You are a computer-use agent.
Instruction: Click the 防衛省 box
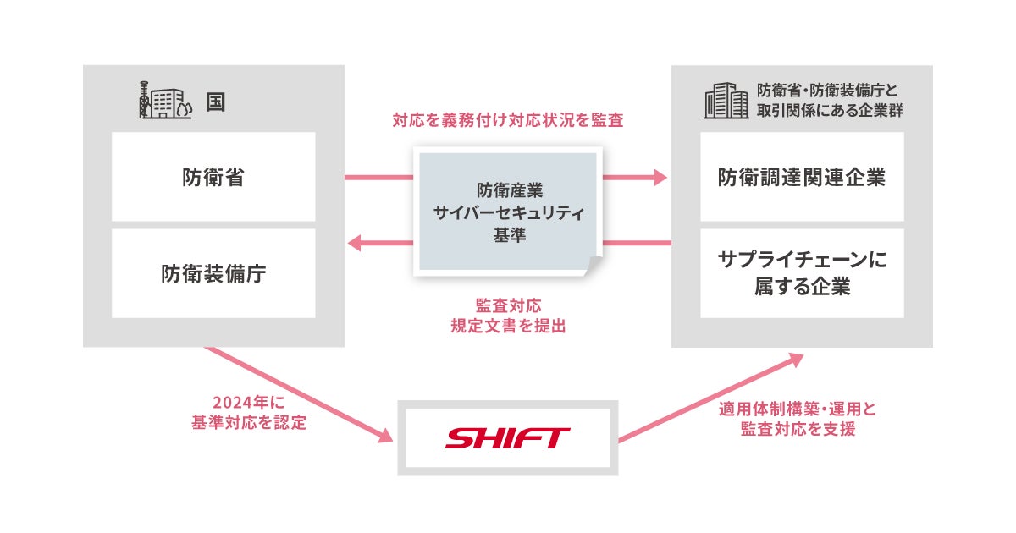[213, 177]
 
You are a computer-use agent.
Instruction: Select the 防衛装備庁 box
[213, 273]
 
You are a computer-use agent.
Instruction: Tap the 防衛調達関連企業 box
[802, 177]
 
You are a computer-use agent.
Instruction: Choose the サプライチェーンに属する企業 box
[802, 273]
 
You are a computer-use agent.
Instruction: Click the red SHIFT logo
[508, 438]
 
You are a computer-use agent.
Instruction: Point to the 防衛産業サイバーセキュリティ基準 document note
[507, 212]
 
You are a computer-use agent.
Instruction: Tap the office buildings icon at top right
[726, 101]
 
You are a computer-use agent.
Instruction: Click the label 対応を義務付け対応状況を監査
[508, 121]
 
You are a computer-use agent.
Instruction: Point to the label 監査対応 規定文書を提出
[508, 315]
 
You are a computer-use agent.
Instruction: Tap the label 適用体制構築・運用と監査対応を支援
[798, 419]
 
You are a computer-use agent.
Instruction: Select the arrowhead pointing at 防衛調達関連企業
[659, 178]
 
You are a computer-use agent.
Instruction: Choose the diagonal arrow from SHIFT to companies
[711, 398]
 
